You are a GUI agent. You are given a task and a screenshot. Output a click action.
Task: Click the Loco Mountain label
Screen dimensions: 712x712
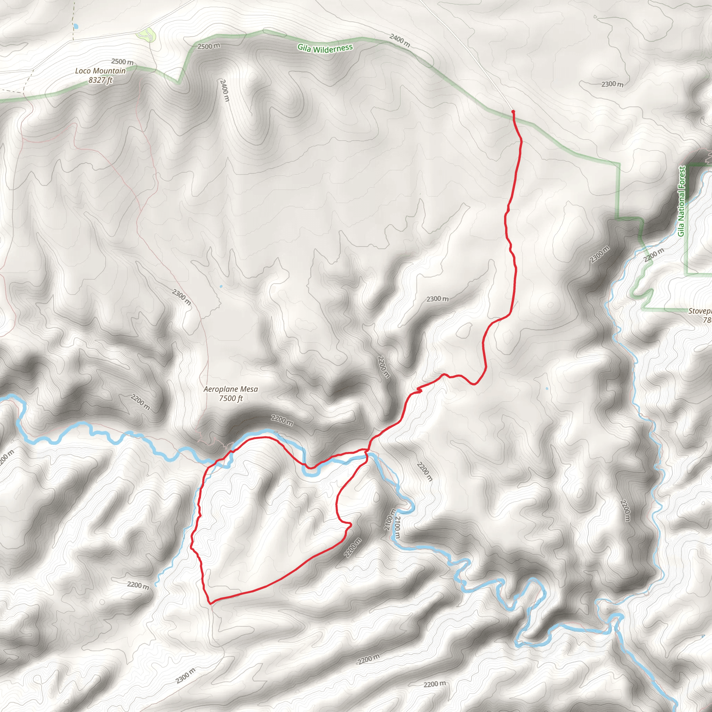100,71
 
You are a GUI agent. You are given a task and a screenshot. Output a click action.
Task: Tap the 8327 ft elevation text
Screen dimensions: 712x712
100,80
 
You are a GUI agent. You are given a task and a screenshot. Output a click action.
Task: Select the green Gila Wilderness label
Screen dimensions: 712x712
325,48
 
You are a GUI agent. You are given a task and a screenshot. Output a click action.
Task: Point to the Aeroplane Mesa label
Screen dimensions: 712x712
231,389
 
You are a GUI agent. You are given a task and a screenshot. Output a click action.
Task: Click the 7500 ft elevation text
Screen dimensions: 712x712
231,398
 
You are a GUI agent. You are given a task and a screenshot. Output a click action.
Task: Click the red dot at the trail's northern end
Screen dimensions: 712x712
513,111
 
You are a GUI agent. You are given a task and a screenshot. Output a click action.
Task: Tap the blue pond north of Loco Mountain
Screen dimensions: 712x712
76,26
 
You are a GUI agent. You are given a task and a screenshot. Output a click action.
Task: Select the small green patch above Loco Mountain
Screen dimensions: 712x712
146,35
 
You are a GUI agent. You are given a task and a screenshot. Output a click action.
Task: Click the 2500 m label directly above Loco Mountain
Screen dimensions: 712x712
122,62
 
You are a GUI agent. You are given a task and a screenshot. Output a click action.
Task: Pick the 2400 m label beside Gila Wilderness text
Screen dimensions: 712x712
400,40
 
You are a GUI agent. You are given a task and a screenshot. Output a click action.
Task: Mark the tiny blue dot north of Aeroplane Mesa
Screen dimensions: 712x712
221,286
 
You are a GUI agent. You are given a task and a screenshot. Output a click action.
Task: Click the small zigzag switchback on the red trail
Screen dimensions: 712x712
419,390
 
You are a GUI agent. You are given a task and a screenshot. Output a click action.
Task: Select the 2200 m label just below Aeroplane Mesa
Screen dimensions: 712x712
282,421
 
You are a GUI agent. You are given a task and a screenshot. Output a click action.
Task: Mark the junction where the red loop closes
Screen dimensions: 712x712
366,450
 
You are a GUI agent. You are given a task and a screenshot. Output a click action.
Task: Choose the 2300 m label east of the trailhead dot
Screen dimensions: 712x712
613,84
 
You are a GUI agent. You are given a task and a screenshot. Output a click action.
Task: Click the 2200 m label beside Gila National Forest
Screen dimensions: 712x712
654,256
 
